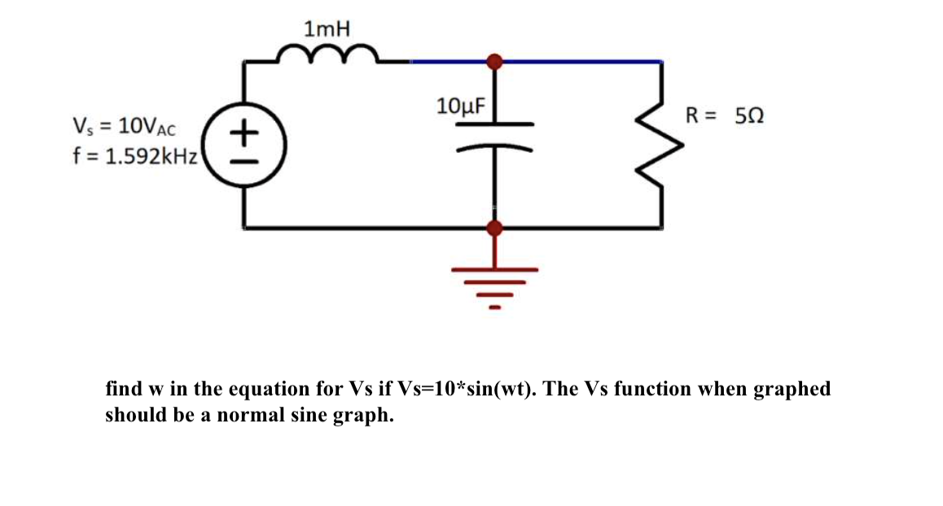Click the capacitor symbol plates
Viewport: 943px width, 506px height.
point(494,137)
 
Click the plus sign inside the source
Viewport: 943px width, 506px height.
point(244,130)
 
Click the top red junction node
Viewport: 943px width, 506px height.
point(493,61)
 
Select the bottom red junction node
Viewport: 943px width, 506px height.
point(493,229)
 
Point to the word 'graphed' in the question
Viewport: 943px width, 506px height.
point(792,389)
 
